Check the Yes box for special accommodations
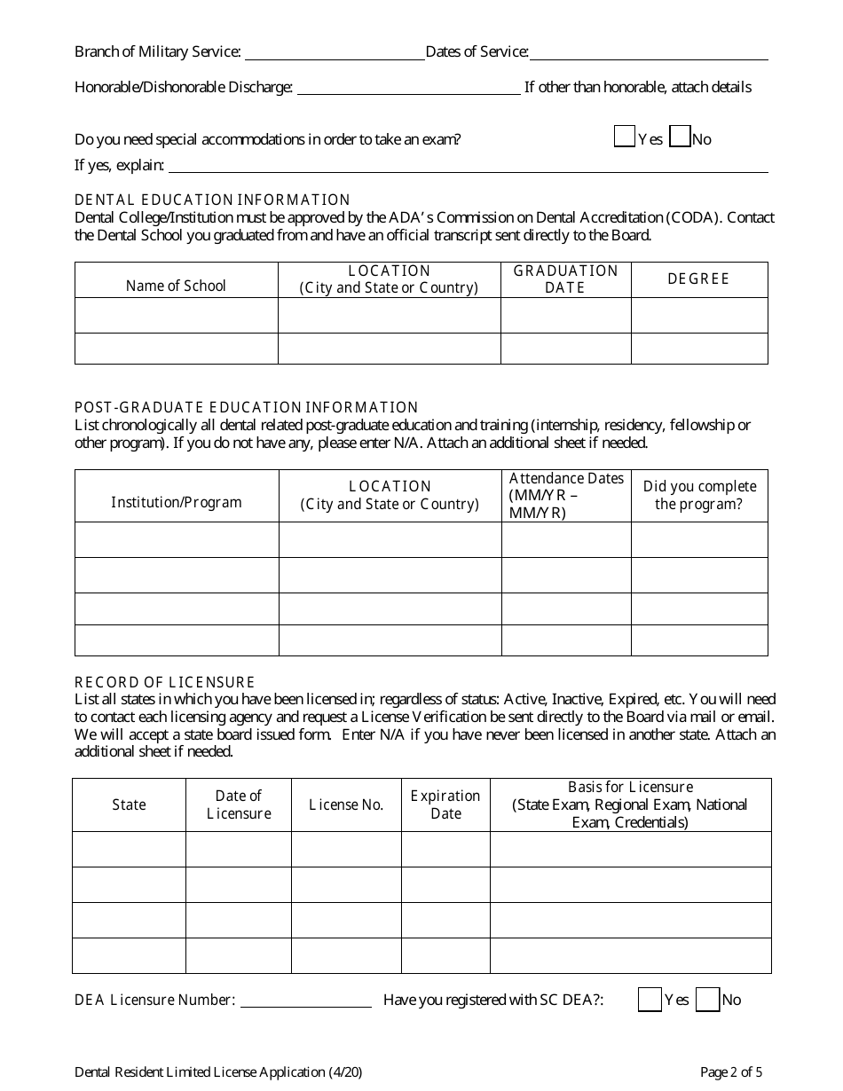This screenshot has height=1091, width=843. click(625, 137)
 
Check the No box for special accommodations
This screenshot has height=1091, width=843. click(680, 137)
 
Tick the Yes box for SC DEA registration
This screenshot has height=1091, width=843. click(650, 1000)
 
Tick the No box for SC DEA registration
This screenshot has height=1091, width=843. click(707, 1000)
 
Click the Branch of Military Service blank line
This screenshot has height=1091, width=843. click(334, 54)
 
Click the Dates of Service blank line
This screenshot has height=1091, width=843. click(649, 54)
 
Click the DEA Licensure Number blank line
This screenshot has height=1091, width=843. click(305, 1001)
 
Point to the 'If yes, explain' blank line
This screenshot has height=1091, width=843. click(468, 167)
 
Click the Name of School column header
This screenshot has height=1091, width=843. click(176, 286)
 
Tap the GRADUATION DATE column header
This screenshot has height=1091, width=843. click(566, 279)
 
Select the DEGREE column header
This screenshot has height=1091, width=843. click(698, 279)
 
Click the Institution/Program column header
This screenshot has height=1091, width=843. click(177, 502)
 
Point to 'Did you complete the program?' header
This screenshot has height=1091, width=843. click(699, 495)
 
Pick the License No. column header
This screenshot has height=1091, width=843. click(346, 805)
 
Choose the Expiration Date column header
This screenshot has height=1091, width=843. click(445, 805)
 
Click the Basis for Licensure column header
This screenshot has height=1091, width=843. click(630, 805)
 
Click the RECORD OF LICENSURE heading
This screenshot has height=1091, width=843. click(165, 682)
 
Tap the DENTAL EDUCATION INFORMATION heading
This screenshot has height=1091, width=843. click(213, 200)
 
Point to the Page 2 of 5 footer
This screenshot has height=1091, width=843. click(730, 1072)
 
